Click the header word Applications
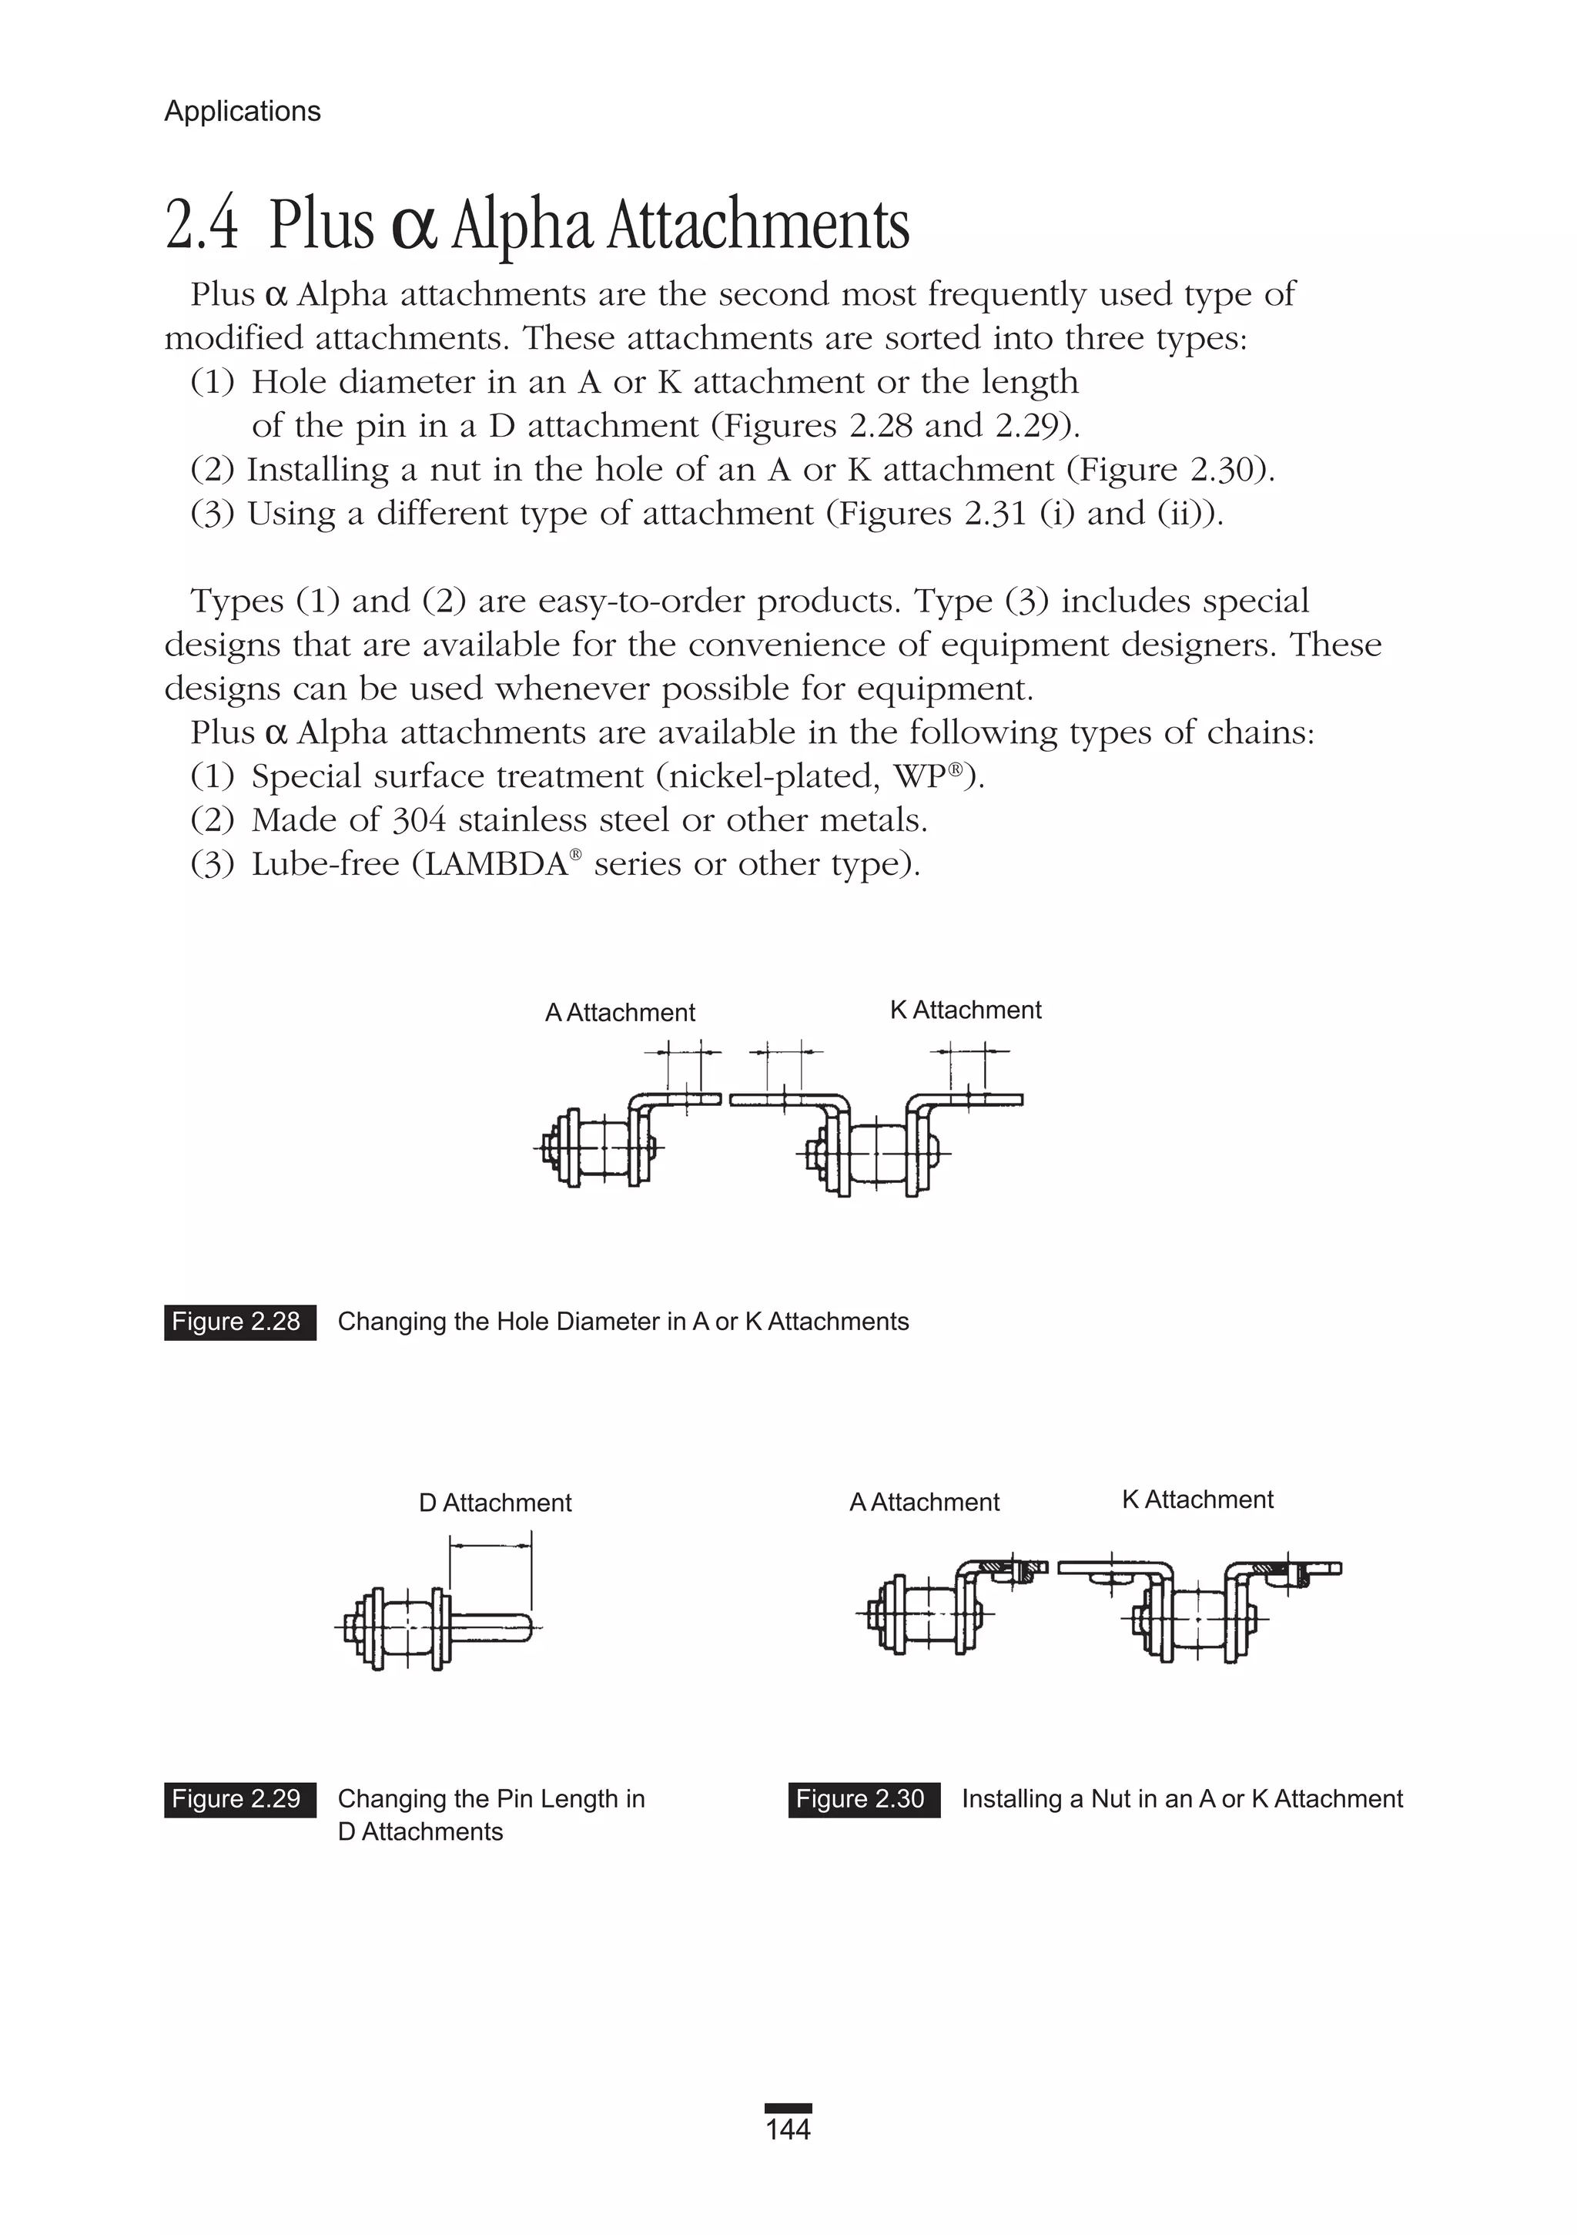[243, 112]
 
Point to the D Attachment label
[494, 1503]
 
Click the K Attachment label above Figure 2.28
[965, 1010]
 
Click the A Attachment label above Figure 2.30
[924, 1503]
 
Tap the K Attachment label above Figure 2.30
[1197, 1500]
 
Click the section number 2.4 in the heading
[202, 226]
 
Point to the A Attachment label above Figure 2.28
[620, 1014]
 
